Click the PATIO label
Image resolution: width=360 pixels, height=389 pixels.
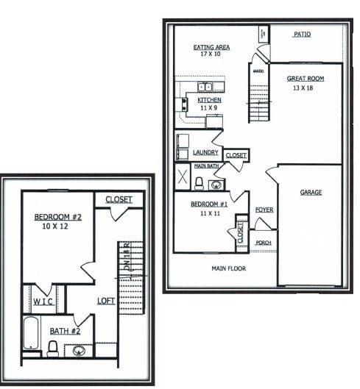[301, 35]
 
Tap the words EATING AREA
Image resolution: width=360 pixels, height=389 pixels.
[211, 47]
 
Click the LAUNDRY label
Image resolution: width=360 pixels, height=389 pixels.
[205, 153]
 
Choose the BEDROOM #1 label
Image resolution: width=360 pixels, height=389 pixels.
[207, 204]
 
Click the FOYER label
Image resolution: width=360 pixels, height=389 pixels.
[264, 210]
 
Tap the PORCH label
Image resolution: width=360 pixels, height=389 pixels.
[263, 242]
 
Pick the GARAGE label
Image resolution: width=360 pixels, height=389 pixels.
[311, 193]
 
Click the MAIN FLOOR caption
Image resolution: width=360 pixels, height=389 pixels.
[229, 268]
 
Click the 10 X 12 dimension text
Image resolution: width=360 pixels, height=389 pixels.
[55, 227]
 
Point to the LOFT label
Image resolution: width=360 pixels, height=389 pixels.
[106, 301]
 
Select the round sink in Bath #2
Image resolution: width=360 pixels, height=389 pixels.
[79, 350]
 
